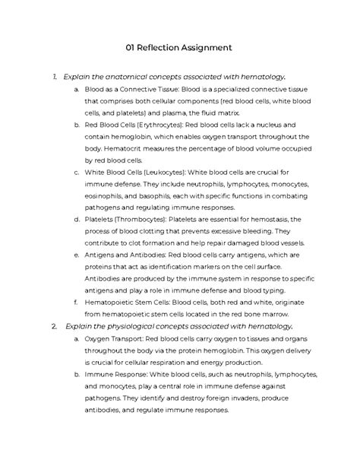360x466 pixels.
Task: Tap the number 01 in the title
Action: coord(131,49)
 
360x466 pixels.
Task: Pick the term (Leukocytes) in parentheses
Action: coord(158,172)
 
